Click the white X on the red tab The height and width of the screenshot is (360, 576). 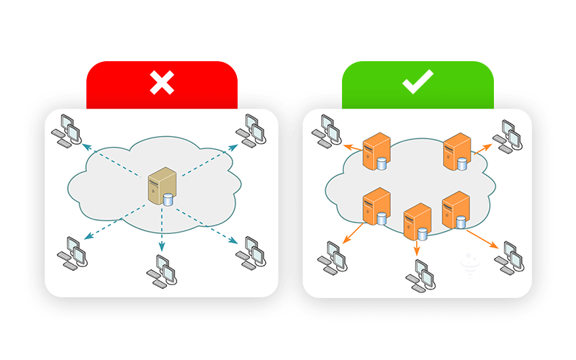[162, 84]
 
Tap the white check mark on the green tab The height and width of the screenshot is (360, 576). [418, 84]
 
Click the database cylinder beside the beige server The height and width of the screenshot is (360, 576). [169, 199]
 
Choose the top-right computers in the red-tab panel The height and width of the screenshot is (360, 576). [252, 130]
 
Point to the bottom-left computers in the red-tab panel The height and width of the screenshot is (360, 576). [73, 253]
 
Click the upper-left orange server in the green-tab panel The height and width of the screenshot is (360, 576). [375, 149]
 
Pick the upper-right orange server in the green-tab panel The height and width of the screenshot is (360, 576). [456, 149]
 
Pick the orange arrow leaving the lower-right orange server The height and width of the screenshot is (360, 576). [481, 238]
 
